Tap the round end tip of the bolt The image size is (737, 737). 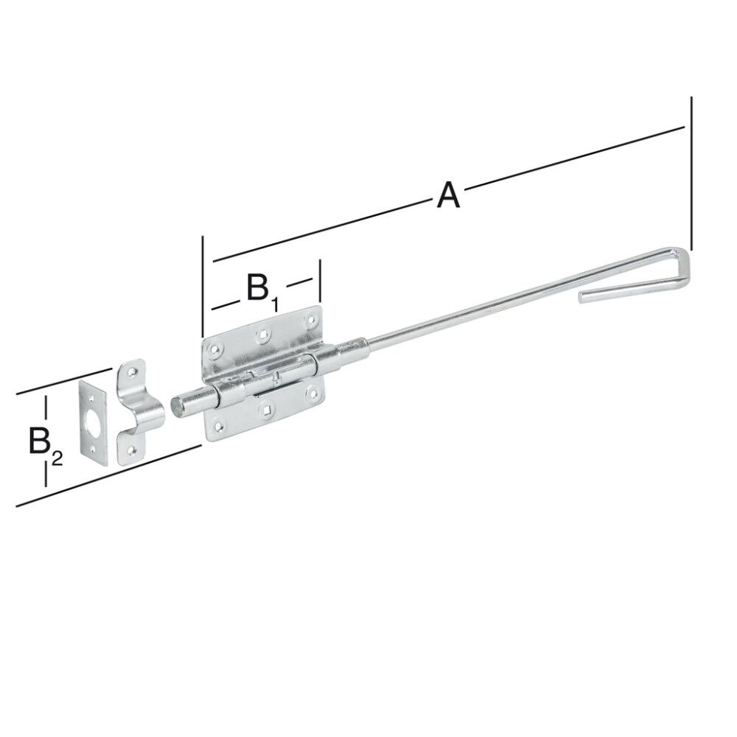(x=178, y=406)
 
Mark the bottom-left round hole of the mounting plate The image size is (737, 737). (x=219, y=424)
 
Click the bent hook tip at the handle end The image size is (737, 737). (x=583, y=297)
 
